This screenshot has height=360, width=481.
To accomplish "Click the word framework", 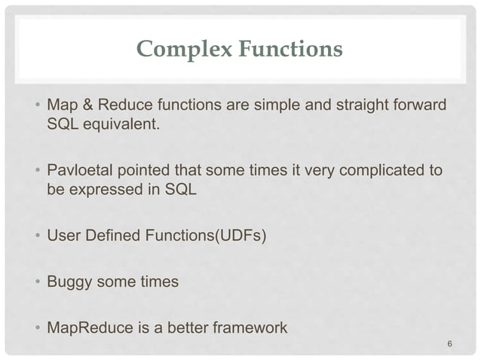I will pos(250,329).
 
